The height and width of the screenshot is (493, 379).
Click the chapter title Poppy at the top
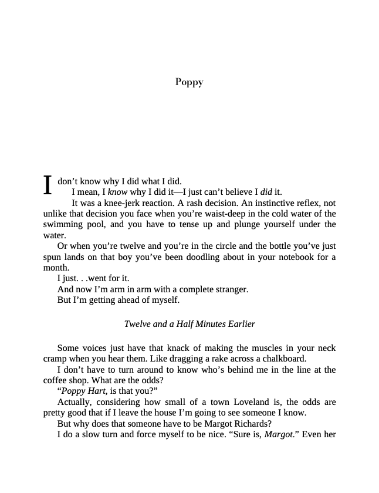point(189,82)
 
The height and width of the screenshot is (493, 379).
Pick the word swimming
point(63,224)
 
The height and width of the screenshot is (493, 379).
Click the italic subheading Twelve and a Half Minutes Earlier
point(189,324)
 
